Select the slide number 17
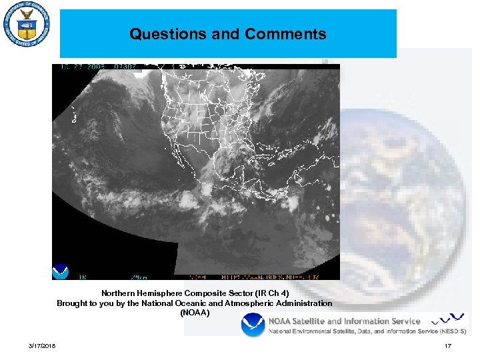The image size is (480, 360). pyautogui.click(x=448, y=345)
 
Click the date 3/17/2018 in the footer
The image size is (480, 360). pyautogui.click(x=42, y=345)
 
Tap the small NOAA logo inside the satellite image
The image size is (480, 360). pyautogui.click(x=61, y=271)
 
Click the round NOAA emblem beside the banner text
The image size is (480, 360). pyautogui.click(x=253, y=325)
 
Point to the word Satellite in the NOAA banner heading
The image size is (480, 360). pyautogui.click(x=319, y=321)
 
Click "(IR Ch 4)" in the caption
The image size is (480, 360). pyautogui.click(x=268, y=293)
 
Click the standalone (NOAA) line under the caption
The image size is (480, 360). pyautogui.click(x=195, y=313)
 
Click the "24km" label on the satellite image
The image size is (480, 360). pyautogui.click(x=139, y=275)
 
